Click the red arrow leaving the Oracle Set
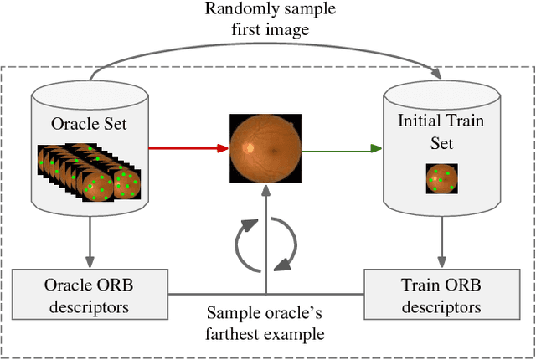(188, 149)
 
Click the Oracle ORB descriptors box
(88, 295)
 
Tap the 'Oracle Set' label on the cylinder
(88, 126)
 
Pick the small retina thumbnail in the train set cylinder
(441, 178)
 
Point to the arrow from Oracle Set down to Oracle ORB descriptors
(88, 243)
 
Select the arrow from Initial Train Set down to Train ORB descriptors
(441, 243)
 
